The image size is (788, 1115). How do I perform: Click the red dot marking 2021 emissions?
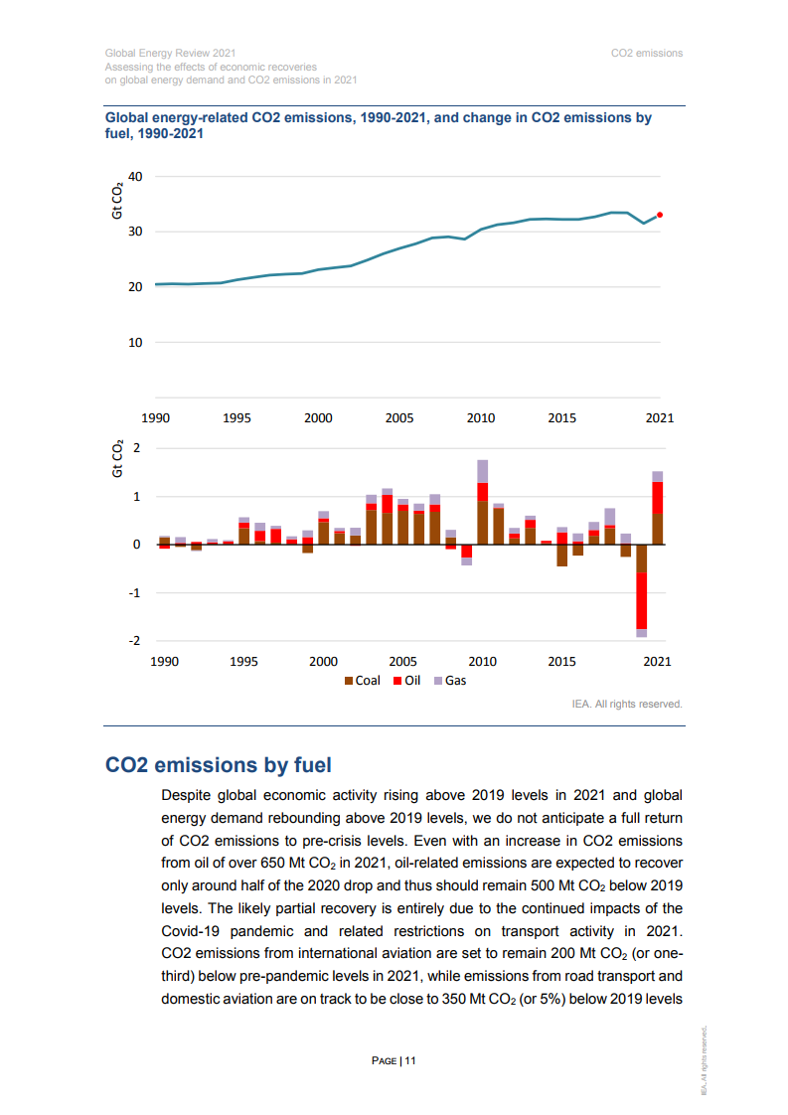[660, 215]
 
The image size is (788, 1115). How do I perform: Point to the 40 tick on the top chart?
[135, 176]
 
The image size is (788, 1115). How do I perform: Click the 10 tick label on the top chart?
[135, 343]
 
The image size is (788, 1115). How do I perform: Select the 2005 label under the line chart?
[399, 418]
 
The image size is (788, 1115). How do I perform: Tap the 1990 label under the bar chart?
[164, 661]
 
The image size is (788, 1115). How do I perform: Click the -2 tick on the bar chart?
[134, 641]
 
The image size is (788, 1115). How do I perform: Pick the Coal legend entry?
[363, 681]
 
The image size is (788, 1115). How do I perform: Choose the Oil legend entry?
[406, 681]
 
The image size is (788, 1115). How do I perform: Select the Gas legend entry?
[450, 681]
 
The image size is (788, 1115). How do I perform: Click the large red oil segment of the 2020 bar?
[642, 601]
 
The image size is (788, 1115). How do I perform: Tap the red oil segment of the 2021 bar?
[658, 498]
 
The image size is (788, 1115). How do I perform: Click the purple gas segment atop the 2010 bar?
[482, 471]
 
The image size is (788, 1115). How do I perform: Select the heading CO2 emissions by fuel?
[219, 765]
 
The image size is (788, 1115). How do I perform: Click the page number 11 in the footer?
[410, 1061]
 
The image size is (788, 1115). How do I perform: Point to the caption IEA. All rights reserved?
[627, 704]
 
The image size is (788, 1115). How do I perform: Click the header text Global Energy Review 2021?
[170, 54]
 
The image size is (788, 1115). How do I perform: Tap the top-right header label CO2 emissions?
[647, 54]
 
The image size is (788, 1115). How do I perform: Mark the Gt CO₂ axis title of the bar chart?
[118, 459]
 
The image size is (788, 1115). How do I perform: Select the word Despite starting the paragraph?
[184, 796]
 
